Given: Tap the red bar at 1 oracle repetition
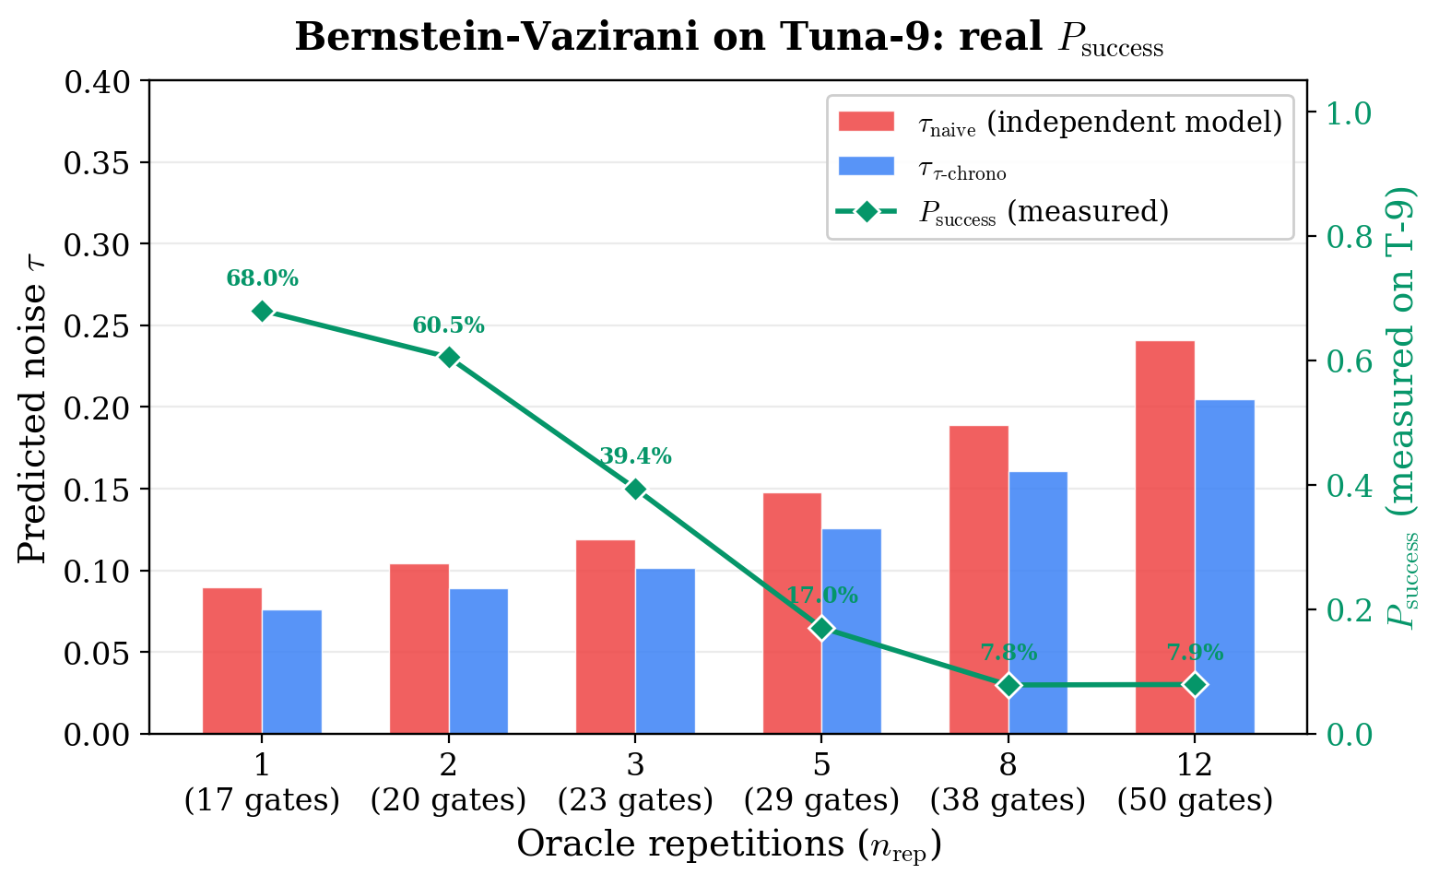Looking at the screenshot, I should tap(232, 660).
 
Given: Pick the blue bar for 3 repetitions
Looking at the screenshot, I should tap(665, 651).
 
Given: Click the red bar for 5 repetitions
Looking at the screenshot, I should tap(792, 613).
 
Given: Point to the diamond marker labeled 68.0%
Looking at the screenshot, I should tap(262, 312).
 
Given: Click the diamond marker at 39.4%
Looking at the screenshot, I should tap(635, 489).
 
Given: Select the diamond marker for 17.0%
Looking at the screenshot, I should tap(822, 629).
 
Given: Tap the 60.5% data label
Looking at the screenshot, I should tap(448, 325).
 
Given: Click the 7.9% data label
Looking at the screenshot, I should tap(1195, 654).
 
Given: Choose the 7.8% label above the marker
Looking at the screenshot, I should tap(1008, 654).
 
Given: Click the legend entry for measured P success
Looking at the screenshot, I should tap(1042, 212).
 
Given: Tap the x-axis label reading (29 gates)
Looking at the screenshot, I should tap(822, 801).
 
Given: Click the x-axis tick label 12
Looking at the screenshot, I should tap(1195, 765).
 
